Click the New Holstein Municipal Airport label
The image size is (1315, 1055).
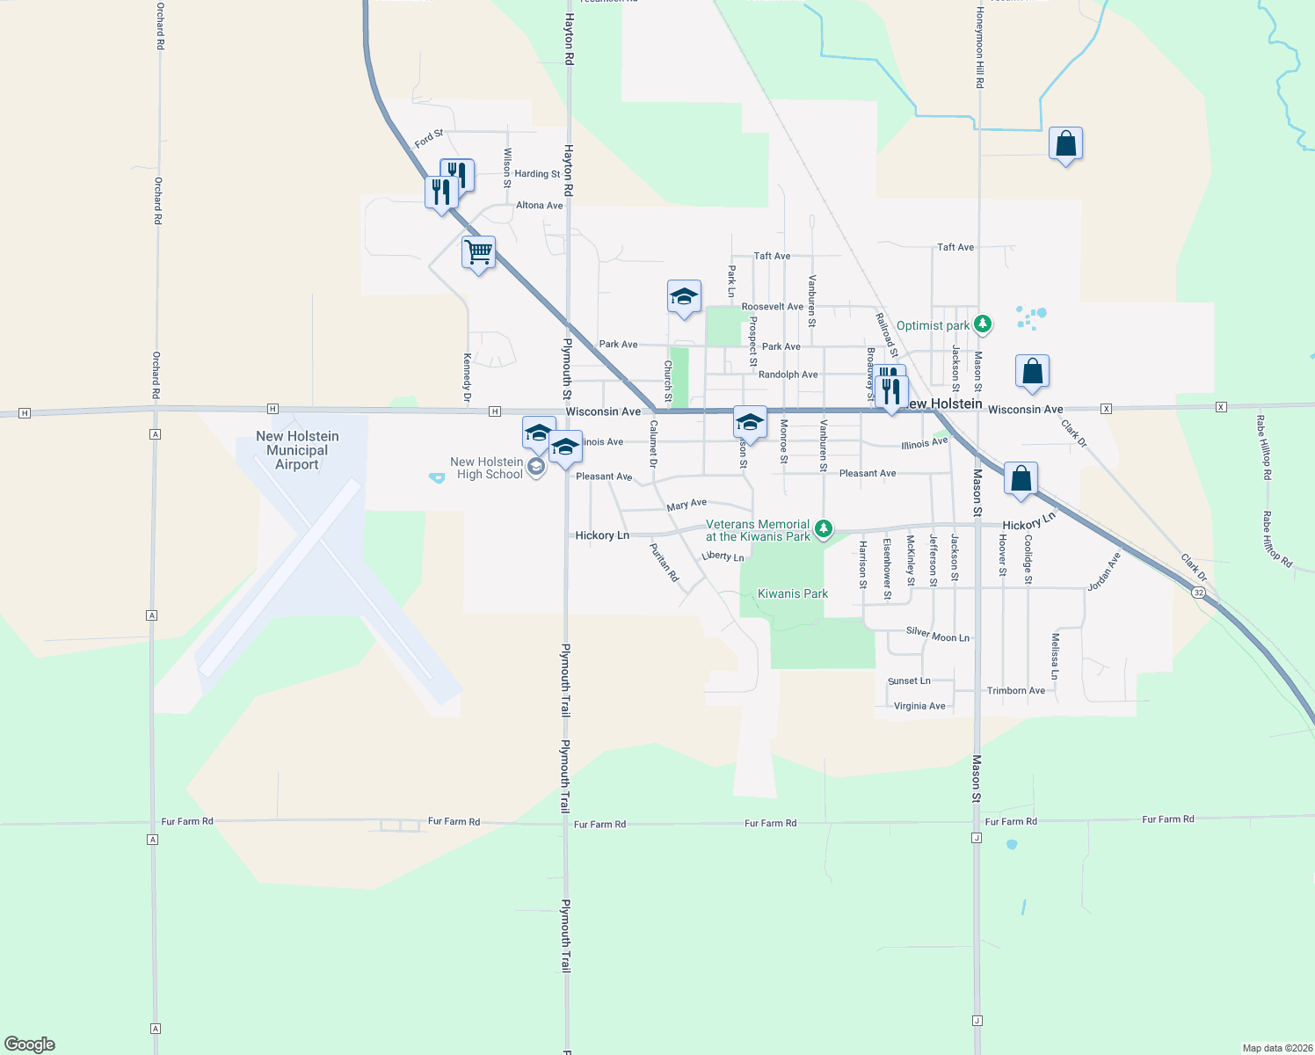pos(297,450)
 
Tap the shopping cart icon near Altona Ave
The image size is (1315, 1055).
pos(478,252)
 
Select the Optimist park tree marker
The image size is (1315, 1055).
pos(983,324)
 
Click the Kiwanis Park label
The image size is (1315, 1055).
pos(792,593)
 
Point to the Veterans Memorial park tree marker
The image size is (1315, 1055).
pos(823,528)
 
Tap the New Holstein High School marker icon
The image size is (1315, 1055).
pos(536,467)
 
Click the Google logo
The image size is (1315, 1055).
pos(30,1044)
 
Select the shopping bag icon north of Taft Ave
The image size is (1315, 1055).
pos(1065,144)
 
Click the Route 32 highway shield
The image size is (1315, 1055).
pos(1198,593)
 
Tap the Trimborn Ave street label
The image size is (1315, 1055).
pos(1015,690)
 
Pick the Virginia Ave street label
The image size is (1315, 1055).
pos(919,706)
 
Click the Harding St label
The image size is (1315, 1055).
pos(537,174)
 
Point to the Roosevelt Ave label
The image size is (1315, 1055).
pos(772,307)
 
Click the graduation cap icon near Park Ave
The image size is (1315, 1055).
pos(683,297)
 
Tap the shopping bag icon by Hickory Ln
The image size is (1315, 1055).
pos(1021,479)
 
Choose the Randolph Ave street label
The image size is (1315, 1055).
pos(788,375)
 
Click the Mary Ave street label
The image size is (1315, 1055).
pos(687,505)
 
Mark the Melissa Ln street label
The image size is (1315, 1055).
pos(1055,656)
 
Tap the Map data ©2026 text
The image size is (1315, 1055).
pos(1276,1048)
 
